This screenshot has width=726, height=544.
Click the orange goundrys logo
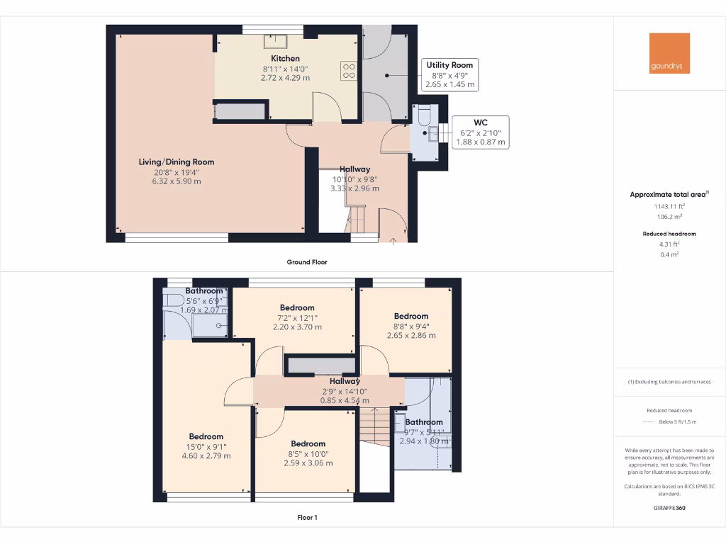(x=669, y=53)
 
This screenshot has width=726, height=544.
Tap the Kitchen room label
(x=285, y=58)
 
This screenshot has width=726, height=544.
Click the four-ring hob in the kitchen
(x=349, y=69)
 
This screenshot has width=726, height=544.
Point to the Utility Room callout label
(x=449, y=64)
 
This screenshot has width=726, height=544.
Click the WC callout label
(x=481, y=122)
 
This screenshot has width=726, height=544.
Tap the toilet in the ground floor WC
(x=423, y=114)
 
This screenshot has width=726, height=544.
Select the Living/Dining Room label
(x=176, y=162)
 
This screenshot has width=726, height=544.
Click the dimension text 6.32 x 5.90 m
(x=176, y=181)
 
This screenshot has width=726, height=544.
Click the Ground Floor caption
(x=306, y=262)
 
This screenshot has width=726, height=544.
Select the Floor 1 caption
(x=306, y=518)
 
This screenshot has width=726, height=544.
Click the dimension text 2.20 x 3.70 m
(x=296, y=327)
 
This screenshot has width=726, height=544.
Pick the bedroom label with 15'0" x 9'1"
(x=206, y=437)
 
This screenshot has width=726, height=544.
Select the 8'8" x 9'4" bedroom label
(x=411, y=316)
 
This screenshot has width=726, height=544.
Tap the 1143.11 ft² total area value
(x=669, y=206)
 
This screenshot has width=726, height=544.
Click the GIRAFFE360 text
(x=669, y=508)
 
